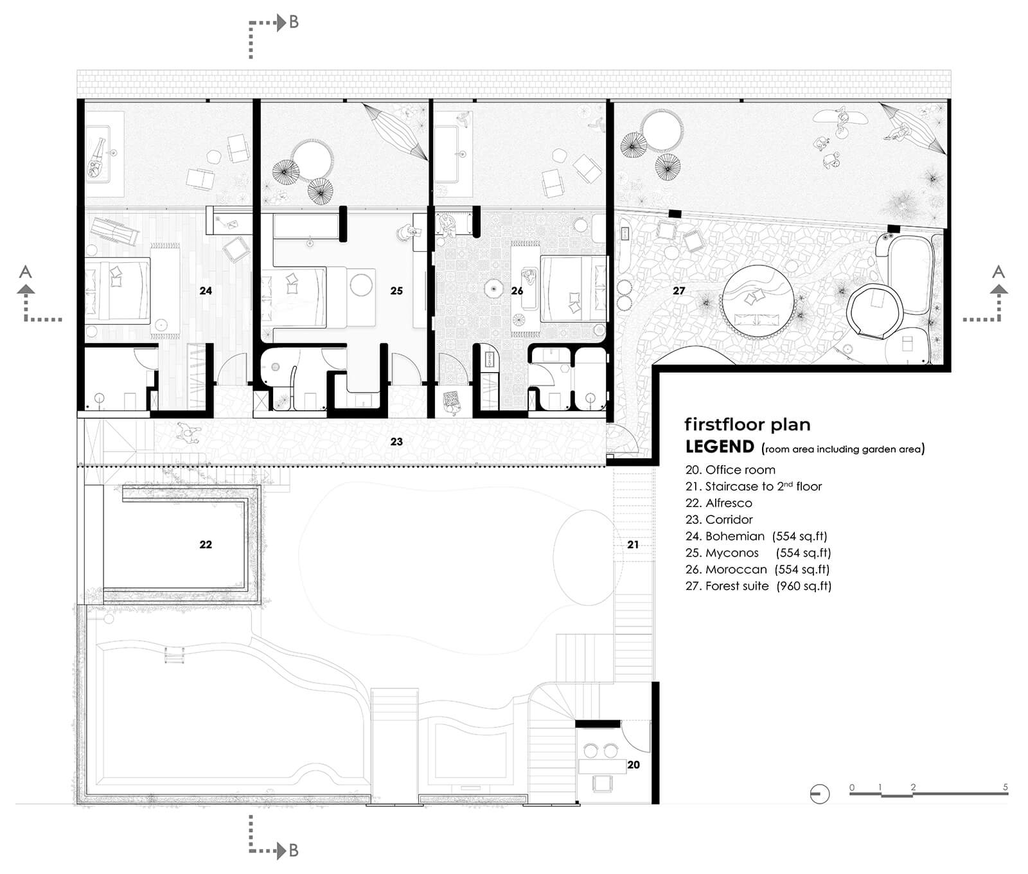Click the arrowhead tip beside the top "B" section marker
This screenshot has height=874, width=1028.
point(287,24)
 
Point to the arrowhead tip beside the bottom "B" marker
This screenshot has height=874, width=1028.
point(287,851)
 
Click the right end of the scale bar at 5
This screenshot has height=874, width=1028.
point(1008,795)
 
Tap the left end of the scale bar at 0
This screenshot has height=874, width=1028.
point(851,795)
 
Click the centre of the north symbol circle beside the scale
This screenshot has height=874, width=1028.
point(820,794)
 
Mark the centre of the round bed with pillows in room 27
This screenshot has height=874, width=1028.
point(760,301)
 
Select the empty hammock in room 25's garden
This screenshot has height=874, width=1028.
point(394,131)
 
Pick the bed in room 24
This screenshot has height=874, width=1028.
point(118,290)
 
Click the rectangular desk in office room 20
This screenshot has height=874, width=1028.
point(602,767)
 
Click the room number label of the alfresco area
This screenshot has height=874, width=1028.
point(206,544)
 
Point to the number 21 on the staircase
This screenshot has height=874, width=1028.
point(633,544)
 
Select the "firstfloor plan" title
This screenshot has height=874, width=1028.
point(747,424)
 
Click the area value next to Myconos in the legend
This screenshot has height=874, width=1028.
point(803,553)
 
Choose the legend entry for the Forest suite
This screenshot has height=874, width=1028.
point(758,586)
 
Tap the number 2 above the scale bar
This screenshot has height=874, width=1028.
point(913,787)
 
